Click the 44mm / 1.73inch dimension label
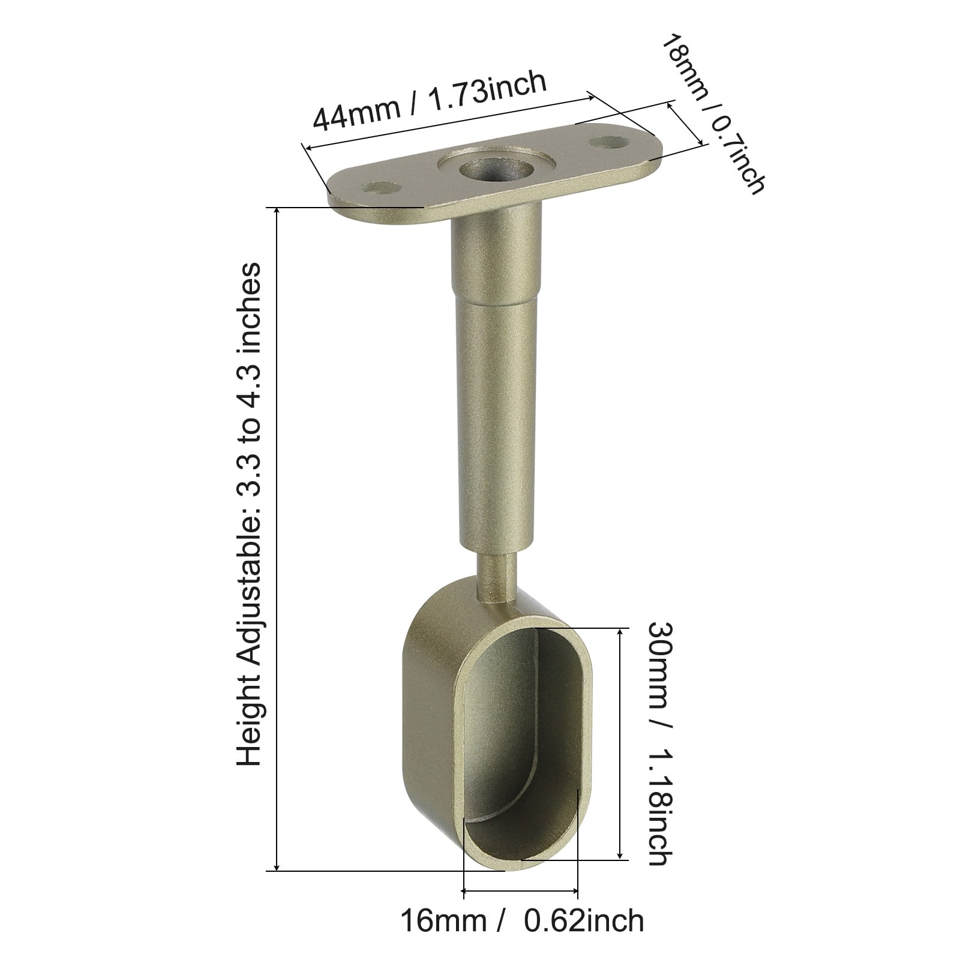(x=430, y=99)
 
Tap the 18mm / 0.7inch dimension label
(x=712, y=113)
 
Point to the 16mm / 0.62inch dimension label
(x=521, y=921)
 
